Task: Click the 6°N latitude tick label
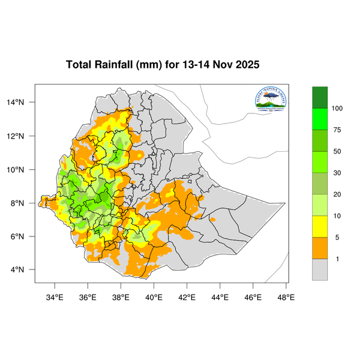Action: (x=23, y=236)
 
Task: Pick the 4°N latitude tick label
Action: (x=23, y=269)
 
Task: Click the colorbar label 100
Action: (x=337, y=108)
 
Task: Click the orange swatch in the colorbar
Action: (x=320, y=248)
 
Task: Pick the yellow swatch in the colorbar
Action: (x=320, y=227)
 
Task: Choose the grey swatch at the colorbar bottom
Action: (x=320, y=270)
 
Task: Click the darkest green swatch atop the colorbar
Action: (x=320, y=97)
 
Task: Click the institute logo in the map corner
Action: (x=271, y=100)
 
